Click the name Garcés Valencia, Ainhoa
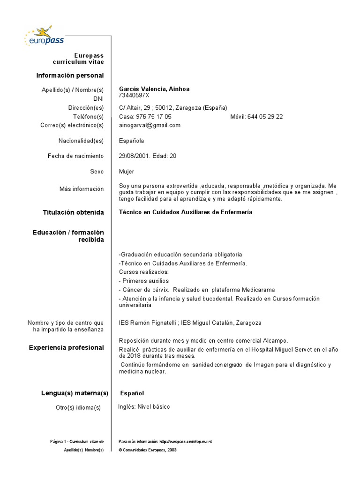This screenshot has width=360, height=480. [x=154, y=89]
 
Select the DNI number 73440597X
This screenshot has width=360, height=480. [x=134, y=95]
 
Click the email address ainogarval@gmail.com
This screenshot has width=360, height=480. [x=150, y=125]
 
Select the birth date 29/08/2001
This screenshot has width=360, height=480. [x=134, y=156]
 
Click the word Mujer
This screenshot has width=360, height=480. [x=127, y=172]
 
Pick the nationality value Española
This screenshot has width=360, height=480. [x=132, y=141]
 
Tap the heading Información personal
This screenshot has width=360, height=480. [x=70, y=75]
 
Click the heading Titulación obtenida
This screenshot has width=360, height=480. [x=73, y=212]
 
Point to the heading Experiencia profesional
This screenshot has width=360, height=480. [x=66, y=347]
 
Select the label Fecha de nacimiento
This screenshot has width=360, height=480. [x=75, y=156]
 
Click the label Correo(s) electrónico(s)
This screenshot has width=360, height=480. [x=73, y=125]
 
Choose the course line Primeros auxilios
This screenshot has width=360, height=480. [x=144, y=281]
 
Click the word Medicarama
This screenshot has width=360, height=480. [x=257, y=290]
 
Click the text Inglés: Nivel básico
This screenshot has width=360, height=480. [x=144, y=407]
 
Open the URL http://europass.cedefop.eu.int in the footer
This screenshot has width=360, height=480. [x=186, y=442]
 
